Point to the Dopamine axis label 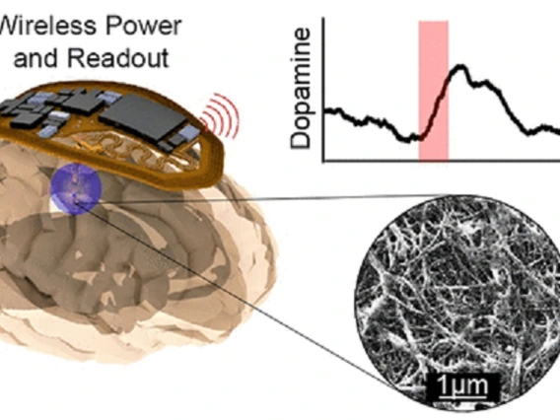(x=300, y=89)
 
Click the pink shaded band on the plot (x=433, y=91)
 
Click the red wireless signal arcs (x=221, y=115)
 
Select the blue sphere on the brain (x=76, y=188)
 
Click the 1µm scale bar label (x=462, y=385)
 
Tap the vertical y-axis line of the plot (x=323, y=90)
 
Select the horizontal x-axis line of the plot (x=442, y=162)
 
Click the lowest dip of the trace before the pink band (x=407, y=139)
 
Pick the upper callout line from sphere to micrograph (x=263, y=198)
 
